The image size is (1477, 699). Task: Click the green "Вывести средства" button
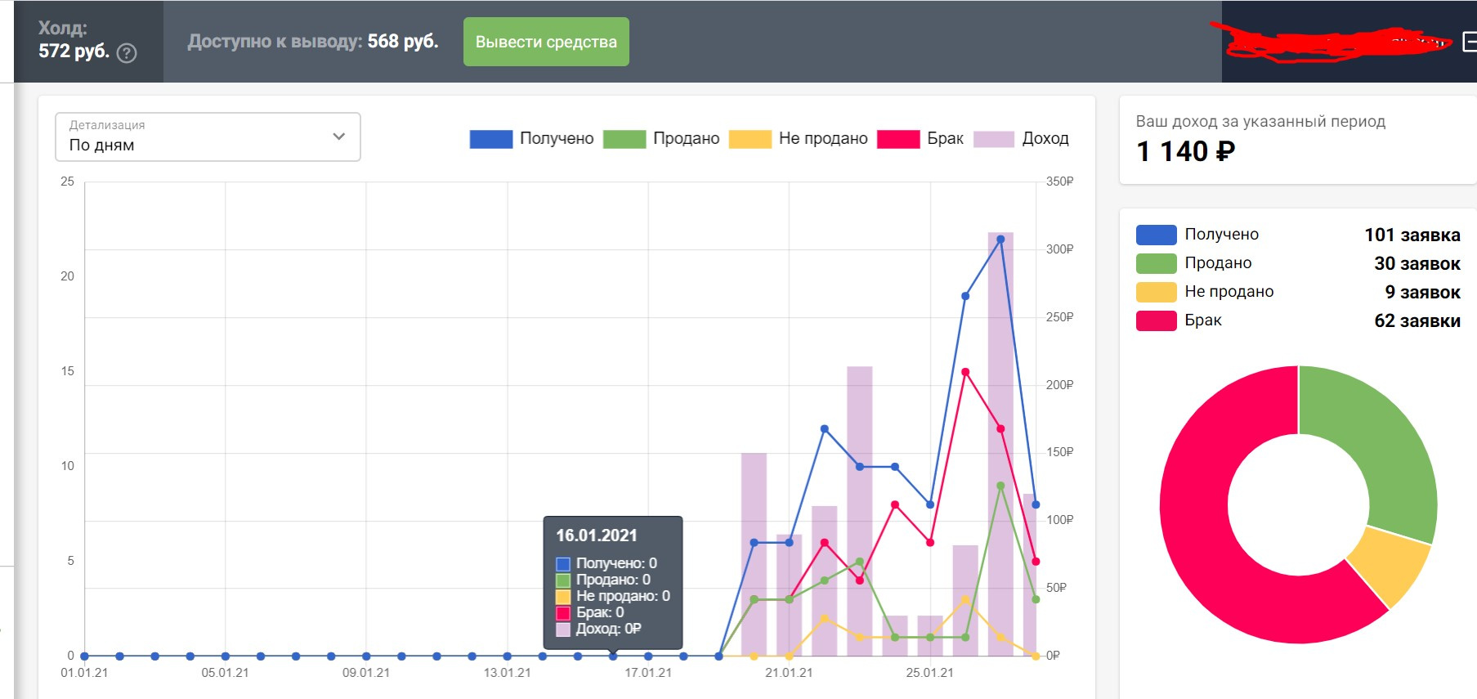click(x=546, y=42)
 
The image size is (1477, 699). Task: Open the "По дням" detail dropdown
click(x=208, y=137)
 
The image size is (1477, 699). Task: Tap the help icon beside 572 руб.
click(x=127, y=53)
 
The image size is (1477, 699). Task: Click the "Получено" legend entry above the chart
click(x=532, y=139)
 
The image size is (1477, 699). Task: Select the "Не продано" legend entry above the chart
click(x=799, y=139)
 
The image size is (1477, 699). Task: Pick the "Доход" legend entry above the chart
click(x=1022, y=139)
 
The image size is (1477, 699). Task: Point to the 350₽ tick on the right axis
click(x=1059, y=181)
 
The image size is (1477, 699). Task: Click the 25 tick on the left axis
click(x=67, y=181)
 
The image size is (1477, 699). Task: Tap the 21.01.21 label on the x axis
click(x=789, y=673)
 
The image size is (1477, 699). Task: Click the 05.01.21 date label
click(x=225, y=673)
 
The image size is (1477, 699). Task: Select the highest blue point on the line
click(x=1000, y=240)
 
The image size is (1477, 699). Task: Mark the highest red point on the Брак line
click(x=965, y=372)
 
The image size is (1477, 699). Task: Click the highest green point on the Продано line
click(x=1000, y=486)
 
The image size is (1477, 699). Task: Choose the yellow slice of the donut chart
click(x=1388, y=566)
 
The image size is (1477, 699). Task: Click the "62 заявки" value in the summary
click(x=1417, y=320)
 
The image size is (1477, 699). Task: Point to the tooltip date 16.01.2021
click(x=596, y=535)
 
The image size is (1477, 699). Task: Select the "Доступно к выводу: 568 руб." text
click(x=313, y=42)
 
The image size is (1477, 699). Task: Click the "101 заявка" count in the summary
click(x=1412, y=235)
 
